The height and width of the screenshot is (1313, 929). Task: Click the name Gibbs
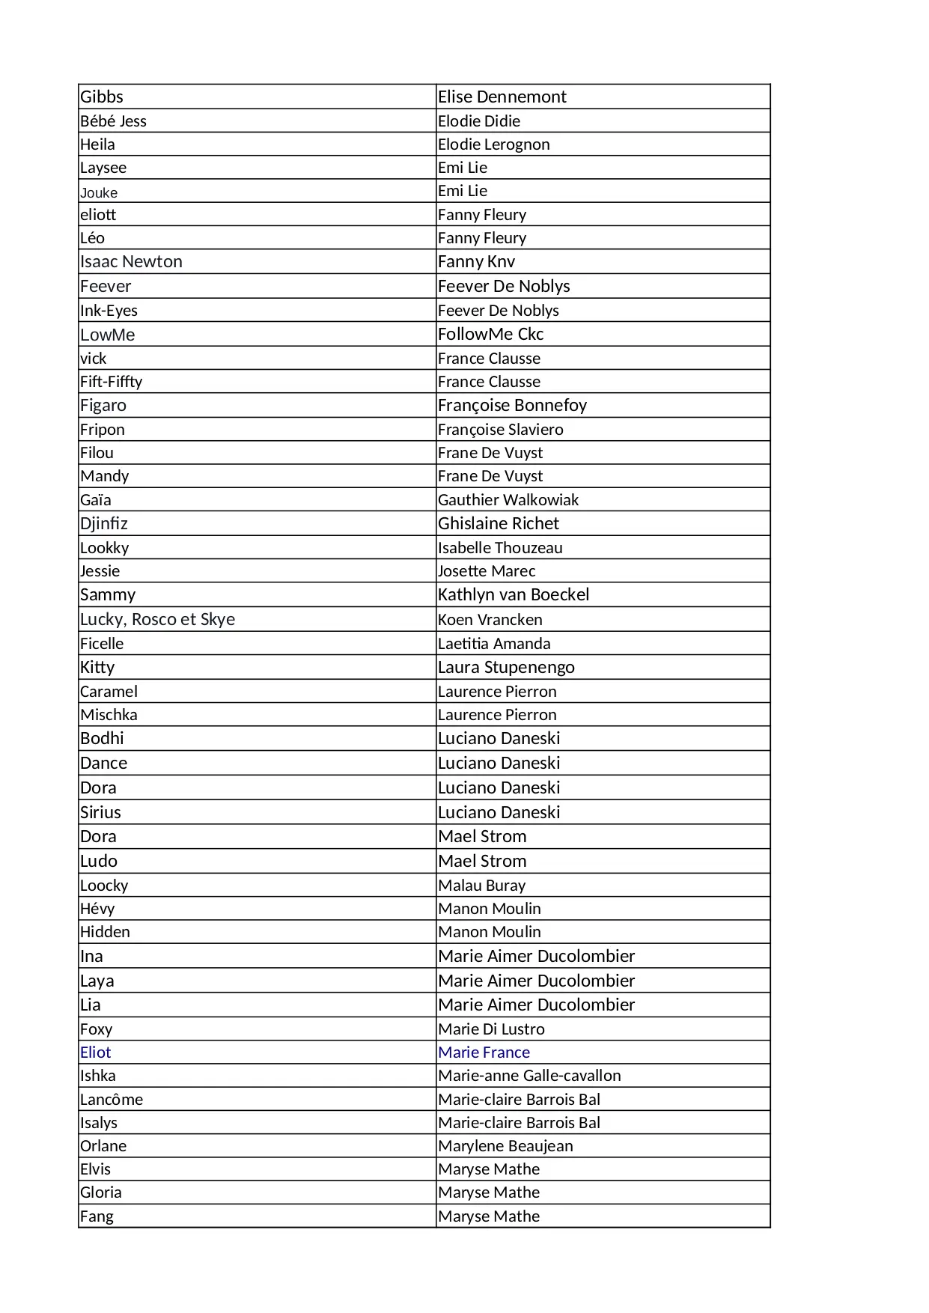pos(102,97)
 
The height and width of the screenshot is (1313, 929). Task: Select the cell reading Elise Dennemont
pos(502,97)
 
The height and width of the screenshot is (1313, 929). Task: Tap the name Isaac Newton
pos(131,261)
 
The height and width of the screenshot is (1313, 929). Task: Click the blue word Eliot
pos(95,1052)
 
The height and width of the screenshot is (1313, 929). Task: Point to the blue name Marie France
pos(484,1052)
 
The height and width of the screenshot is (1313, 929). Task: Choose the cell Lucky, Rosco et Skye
pos(157,619)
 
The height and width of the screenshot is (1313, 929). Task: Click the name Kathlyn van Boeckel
pos(514,594)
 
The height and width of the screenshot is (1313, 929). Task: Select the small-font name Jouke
pos(99,192)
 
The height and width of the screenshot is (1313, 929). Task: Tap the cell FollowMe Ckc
pos(490,334)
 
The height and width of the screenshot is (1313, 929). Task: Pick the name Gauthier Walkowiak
pos(508,499)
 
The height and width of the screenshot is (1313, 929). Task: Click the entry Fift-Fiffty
pos(111,381)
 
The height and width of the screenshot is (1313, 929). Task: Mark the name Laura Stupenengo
pos(506,667)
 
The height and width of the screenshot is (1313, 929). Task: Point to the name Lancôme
pos(112,1099)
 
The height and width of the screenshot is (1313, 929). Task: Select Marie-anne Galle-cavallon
pos(529,1075)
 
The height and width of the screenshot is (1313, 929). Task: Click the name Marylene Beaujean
pos(505,1145)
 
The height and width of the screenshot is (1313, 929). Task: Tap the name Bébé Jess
pos(113,121)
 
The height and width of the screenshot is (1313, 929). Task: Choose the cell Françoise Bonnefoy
pos(512,405)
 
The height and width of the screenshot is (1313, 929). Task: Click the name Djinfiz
pos(104,523)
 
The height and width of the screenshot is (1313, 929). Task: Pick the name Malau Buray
pos(481,885)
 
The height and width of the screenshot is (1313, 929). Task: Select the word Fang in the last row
pos(97,1216)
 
